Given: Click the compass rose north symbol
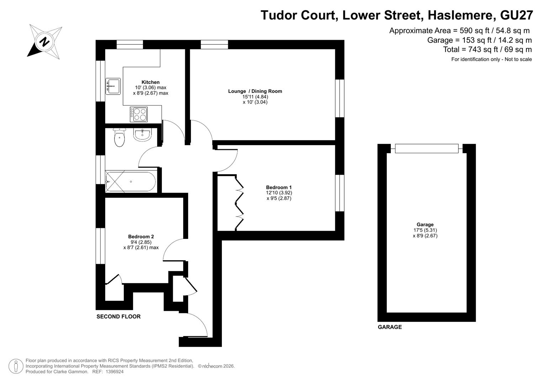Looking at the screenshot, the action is (x=44, y=42).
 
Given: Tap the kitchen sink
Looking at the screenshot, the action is (x=113, y=86).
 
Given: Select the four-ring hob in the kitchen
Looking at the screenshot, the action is (x=139, y=114).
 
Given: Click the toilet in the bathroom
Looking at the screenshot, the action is (x=119, y=138).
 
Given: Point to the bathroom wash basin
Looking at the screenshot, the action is (x=142, y=134).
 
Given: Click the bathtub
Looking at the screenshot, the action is (x=131, y=182).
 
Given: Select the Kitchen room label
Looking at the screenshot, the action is (x=150, y=82).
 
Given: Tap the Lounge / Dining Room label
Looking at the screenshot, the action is (x=255, y=91).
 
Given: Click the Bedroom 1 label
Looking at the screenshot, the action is (x=279, y=187).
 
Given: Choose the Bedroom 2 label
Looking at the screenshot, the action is (x=141, y=236).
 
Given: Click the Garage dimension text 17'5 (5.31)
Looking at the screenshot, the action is (x=425, y=230).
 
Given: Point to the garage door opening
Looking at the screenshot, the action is (x=427, y=148).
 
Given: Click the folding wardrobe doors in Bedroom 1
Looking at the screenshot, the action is (x=239, y=203).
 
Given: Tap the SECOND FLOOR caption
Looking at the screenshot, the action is (x=118, y=316).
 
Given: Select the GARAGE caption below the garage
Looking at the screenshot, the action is (x=390, y=327).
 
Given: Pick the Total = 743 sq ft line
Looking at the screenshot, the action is (x=488, y=49).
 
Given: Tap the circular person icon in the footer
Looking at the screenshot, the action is (x=16, y=366).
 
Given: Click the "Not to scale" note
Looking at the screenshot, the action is (x=518, y=59).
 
